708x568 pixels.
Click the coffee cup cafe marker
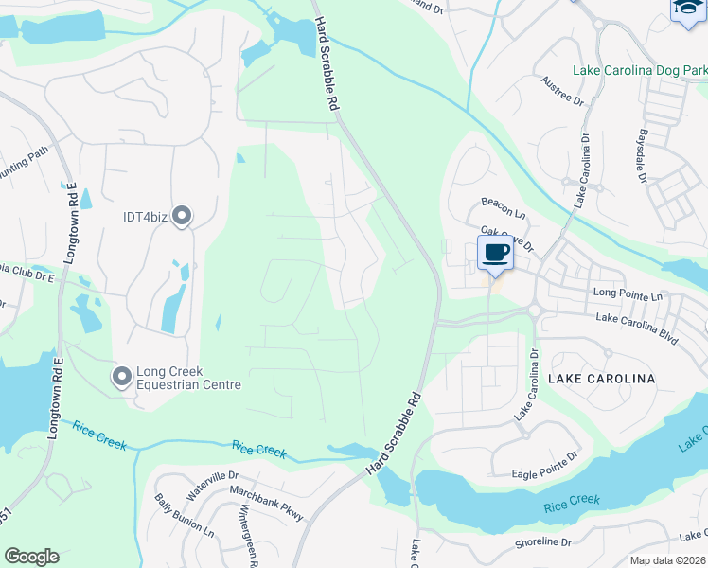pos(496,253)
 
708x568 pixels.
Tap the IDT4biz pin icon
pos(182,217)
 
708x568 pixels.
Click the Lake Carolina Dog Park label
pos(639,71)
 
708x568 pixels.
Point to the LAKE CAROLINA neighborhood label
pos(601,379)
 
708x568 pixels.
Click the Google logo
pos(31,557)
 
